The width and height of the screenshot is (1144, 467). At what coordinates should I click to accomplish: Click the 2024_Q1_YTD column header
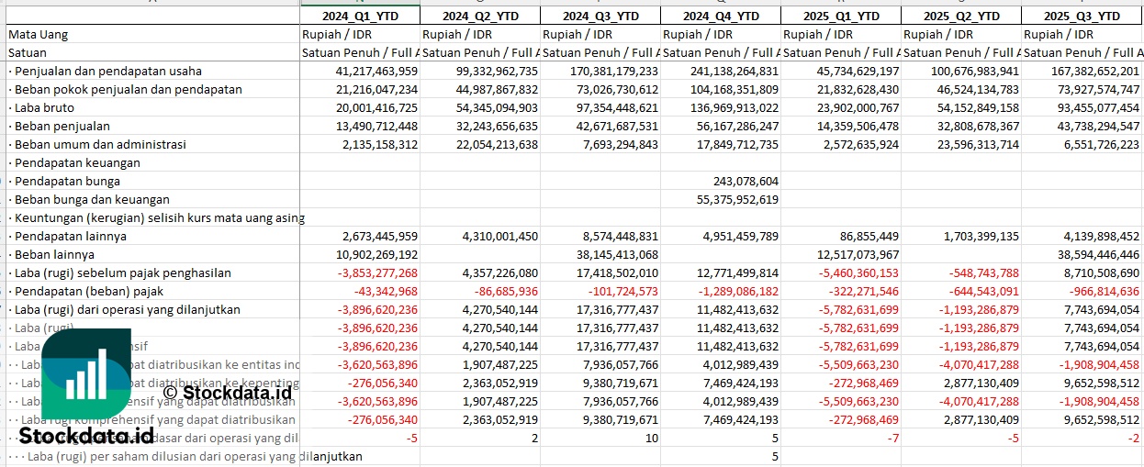[359, 17]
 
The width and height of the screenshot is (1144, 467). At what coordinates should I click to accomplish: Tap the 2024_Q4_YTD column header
[721, 17]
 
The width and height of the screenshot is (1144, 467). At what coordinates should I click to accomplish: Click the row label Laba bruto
[45, 107]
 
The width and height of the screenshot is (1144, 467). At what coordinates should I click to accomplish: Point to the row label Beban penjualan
[62, 126]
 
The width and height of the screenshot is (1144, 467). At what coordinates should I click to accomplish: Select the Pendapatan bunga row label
[68, 181]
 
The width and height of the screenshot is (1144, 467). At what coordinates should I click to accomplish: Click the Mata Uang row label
[39, 35]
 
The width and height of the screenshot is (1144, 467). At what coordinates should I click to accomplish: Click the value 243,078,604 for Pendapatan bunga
[745, 181]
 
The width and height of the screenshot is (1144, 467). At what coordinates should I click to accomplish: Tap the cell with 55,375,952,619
[737, 199]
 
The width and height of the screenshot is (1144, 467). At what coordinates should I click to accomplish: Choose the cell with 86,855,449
[864, 236]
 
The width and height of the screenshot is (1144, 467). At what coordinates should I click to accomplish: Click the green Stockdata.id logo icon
[86, 377]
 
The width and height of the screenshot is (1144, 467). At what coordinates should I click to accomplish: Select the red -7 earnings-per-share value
[892, 438]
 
